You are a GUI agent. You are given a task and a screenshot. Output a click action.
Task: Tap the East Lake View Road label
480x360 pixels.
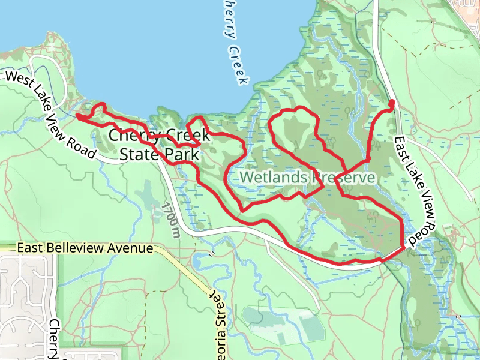(414, 192)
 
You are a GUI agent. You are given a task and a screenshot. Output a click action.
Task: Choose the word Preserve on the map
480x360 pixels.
(343, 178)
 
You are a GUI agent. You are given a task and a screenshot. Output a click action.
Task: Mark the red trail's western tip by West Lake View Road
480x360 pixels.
(77, 115)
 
